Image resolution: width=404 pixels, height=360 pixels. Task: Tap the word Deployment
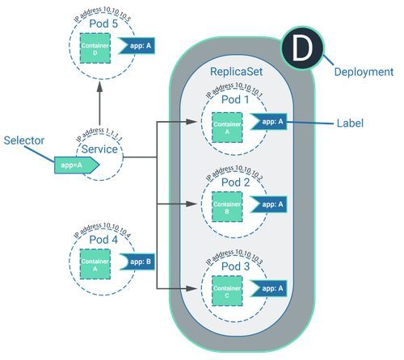pyautogui.click(x=364, y=72)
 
